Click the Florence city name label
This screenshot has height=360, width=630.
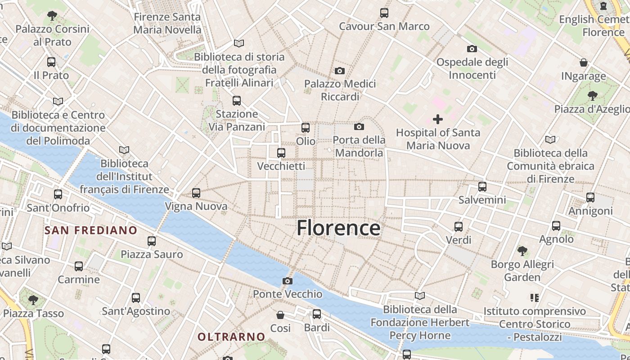[x=338, y=228]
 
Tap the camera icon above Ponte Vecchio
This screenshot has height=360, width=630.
[x=288, y=281]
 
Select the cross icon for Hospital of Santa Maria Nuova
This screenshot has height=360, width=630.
[x=438, y=119]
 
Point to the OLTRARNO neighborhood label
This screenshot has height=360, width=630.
[x=231, y=337]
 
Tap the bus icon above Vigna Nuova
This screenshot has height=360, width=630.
[x=196, y=193]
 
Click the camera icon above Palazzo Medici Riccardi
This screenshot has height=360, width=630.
[x=340, y=71]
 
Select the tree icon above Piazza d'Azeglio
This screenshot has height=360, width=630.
[x=592, y=95]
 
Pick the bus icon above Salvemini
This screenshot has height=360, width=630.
[x=482, y=186]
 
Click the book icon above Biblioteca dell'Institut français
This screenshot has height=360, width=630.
[x=124, y=150]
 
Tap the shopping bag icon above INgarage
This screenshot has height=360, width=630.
[x=584, y=63]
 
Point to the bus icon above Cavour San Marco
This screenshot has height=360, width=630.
[x=384, y=13]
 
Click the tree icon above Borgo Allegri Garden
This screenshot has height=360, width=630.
[x=522, y=251]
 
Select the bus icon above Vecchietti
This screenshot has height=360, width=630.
[x=281, y=153]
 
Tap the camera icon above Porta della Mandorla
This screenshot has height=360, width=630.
[x=359, y=126]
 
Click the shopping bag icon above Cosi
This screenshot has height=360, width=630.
[x=280, y=315]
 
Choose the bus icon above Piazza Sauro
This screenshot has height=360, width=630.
[x=152, y=241]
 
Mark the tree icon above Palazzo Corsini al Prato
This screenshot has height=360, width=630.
[x=52, y=16]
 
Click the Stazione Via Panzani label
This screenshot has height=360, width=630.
[x=237, y=121]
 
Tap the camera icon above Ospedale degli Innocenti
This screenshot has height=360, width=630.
[x=472, y=49]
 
